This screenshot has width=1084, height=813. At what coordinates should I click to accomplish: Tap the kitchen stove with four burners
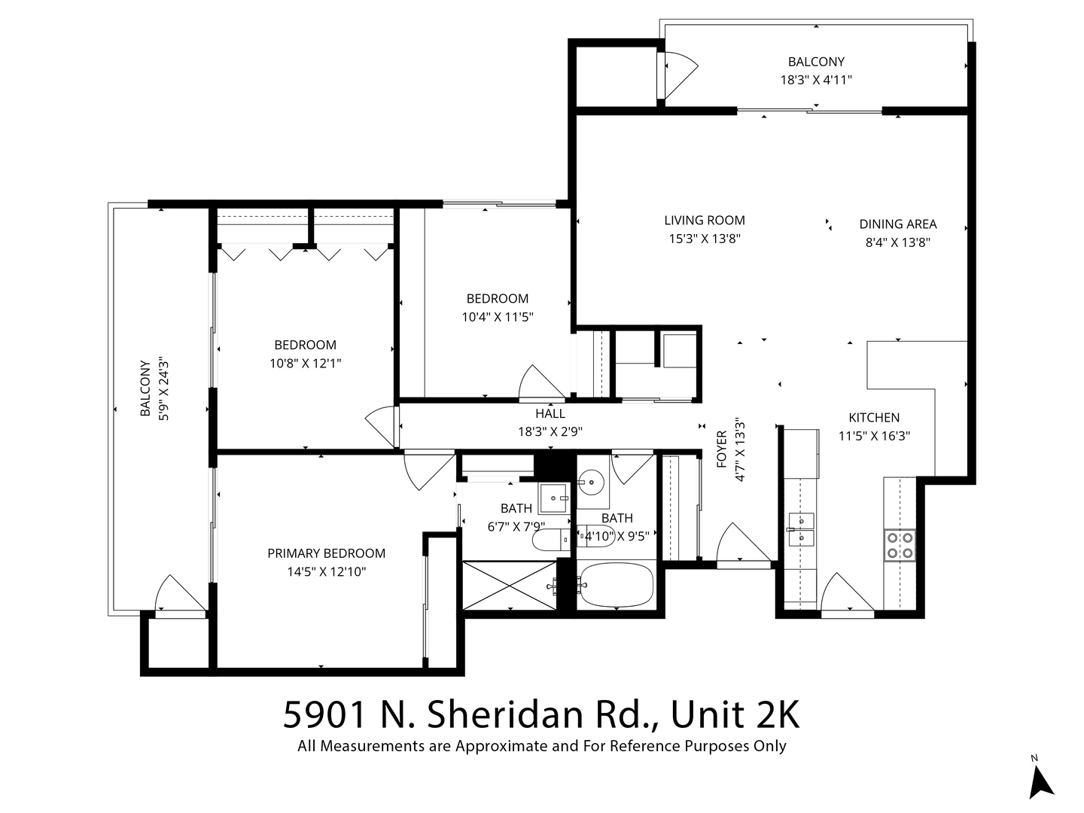point(899,545)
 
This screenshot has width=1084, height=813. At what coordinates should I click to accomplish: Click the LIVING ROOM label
point(705,221)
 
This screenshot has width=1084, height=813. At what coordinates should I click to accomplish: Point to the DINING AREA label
point(898,224)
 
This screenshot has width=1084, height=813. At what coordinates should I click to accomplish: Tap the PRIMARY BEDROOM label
point(326,553)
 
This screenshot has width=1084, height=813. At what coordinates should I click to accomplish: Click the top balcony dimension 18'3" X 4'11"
point(816,80)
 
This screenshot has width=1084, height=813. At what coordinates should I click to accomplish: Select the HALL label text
point(550,414)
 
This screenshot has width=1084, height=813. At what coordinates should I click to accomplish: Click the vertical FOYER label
point(722,449)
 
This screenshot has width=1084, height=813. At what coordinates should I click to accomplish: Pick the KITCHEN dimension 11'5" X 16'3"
point(874,436)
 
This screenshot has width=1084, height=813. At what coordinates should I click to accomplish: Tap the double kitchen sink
point(800,528)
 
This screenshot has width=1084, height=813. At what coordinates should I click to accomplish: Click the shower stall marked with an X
point(509,585)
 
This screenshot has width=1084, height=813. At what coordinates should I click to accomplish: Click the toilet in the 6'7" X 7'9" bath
point(550,540)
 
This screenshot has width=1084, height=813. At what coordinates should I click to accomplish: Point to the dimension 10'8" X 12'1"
point(305,364)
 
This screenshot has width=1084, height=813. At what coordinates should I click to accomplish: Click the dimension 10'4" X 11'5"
point(498,317)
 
